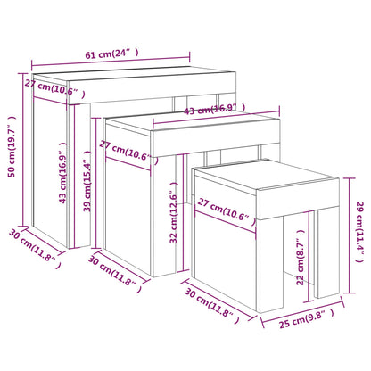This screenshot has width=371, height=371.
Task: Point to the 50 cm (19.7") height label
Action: (x=12, y=147)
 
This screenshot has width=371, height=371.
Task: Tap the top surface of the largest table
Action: (x=134, y=78)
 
